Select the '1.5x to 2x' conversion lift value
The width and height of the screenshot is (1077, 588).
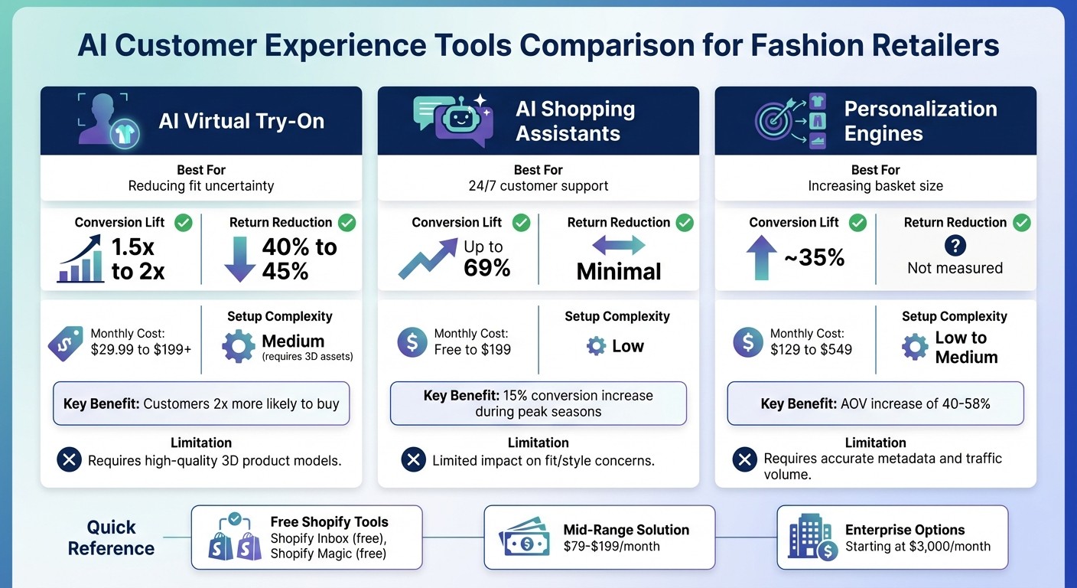(x=138, y=259)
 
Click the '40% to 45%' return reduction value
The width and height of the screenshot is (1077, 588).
(x=298, y=259)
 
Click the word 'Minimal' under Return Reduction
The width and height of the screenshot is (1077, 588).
(x=618, y=271)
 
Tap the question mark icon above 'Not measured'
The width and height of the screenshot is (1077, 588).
(x=955, y=246)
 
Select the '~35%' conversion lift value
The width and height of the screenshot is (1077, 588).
(x=814, y=258)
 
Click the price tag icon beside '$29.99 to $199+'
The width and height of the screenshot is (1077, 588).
(x=65, y=342)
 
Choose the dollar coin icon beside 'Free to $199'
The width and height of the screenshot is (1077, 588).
(x=412, y=342)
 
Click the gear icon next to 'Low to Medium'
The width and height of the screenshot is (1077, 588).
(x=914, y=347)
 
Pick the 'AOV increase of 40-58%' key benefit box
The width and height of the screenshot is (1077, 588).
(x=875, y=403)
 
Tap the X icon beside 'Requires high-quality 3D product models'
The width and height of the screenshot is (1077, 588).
(x=70, y=460)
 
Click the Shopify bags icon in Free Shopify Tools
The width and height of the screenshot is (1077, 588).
(x=235, y=537)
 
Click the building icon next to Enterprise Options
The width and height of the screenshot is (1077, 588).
(x=810, y=537)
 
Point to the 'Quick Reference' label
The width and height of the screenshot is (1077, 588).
(x=111, y=537)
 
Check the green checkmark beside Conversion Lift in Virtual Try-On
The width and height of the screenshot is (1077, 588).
(x=183, y=223)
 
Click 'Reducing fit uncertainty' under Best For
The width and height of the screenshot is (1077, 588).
(x=201, y=186)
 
